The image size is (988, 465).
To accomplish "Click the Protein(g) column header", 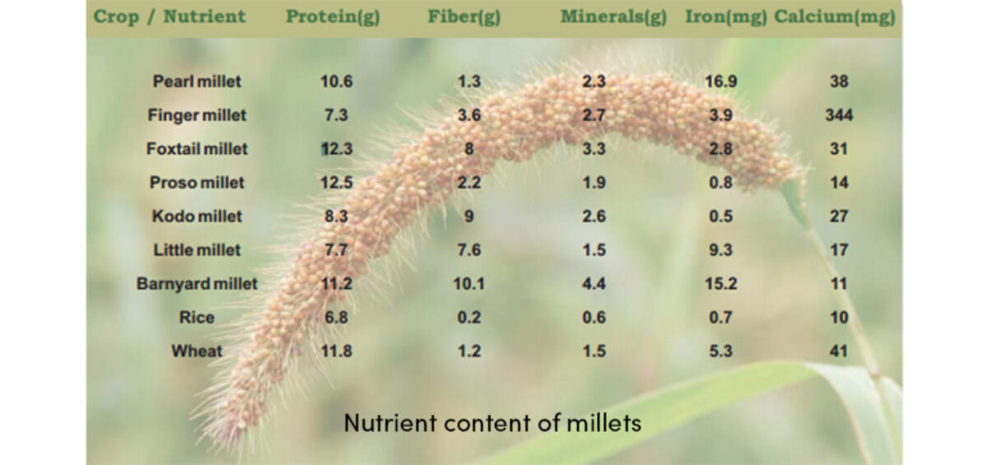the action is [x=333, y=17].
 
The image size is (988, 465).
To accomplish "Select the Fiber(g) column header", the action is [x=464, y=17].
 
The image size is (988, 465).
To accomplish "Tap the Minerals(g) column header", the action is [x=613, y=17].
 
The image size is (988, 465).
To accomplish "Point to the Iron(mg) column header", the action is [x=726, y=17].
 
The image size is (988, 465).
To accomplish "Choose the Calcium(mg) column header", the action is [x=835, y=17].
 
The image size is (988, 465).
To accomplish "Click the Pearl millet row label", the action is [x=197, y=81].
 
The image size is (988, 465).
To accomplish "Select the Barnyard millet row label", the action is [x=197, y=283].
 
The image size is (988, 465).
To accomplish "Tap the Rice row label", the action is [x=197, y=318].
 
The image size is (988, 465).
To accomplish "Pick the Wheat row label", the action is [x=197, y=351].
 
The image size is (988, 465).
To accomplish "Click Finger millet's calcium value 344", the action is [x=839, y=115].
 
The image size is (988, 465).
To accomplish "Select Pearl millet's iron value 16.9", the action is [x=720, y=81].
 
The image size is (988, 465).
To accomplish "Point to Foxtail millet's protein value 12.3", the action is [x=337, y=149].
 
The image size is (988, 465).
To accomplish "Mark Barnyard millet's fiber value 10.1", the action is [x=468, y=283].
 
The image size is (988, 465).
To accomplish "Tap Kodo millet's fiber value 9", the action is [x=468, y=216].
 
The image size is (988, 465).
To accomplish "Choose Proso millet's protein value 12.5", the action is [x=337, y=183].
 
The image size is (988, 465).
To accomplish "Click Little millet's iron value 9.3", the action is [x=720, y=250].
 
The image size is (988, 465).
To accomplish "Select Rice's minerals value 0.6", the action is [x=594, y=318].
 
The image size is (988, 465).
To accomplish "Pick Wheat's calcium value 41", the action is [x=839, y=351].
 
